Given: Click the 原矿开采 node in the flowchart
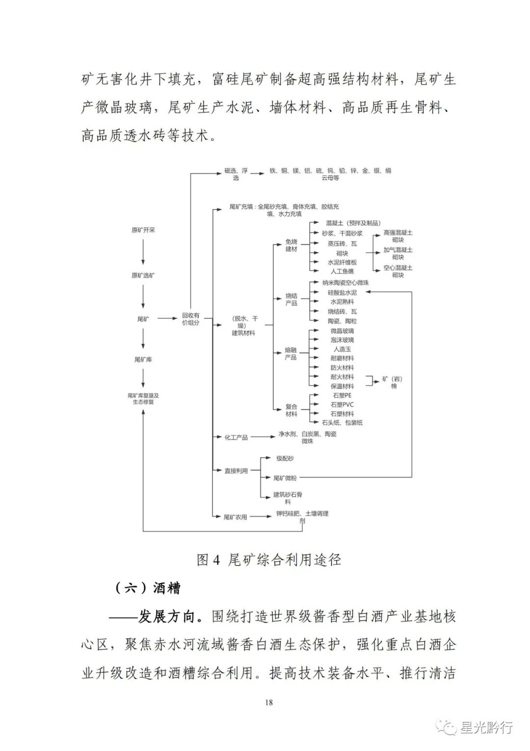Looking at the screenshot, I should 143,230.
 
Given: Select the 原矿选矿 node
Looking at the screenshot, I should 143,275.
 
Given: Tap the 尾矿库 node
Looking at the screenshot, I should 143,360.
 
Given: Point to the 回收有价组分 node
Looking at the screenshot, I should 190,319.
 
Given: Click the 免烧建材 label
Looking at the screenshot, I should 291,245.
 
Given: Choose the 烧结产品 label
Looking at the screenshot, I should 291,299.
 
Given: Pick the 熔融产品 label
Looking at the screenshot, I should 291,354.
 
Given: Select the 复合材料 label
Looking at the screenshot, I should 291,410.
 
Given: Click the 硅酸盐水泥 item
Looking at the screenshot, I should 342,293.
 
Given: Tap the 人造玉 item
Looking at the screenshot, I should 342,349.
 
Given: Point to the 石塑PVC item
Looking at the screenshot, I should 342,405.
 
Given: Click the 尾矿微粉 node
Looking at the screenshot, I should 285,478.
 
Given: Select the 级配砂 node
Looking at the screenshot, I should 285,458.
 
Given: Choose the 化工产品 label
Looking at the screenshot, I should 236,437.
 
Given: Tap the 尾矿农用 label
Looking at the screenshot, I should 235,517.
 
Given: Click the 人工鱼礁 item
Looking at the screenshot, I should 342,271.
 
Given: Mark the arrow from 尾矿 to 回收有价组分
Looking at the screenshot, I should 167,319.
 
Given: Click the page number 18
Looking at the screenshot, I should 268,702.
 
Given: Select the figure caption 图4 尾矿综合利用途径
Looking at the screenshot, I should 268,560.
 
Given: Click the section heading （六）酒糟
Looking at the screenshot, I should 147,588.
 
